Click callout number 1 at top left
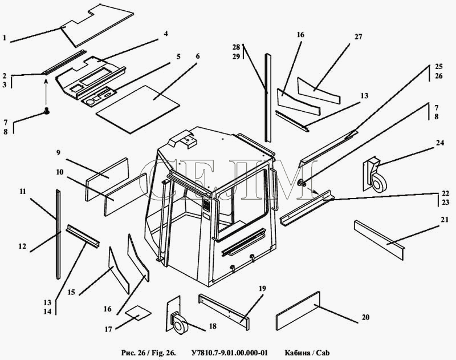click(x=5, y=38)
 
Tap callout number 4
click(x=166, y=34)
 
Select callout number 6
click(x=198, y=56)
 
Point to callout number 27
click(x=359, y=37)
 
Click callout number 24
click(x=440, y=143)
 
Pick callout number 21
click(x=445, y=220)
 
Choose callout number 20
click(x=365, y=317)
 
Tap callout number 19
click(x=262, y=289)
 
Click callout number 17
click(x=108, y=329)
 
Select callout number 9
click(x=58, y=152)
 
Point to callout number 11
click(x=23, y=192)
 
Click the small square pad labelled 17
click(x=138, y=312)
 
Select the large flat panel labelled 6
click(x=137, y=110)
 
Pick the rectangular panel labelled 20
click(x=298, y=311)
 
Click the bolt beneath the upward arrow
click(x=46, y=110)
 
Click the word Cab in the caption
click(x=323, y=353)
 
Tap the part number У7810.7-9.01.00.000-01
click(x=230, y=353)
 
